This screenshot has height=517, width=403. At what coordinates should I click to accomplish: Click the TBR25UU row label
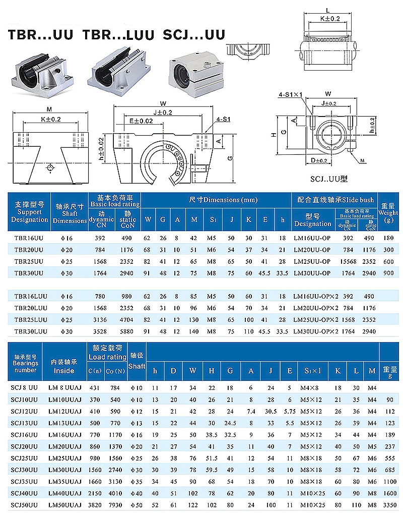[29, 261]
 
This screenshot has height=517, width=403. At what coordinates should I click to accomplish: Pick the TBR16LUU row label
[31, 297]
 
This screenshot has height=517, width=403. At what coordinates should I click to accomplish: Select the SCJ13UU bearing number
[26, 422]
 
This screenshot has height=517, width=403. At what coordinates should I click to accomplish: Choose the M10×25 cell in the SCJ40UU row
[313, 493]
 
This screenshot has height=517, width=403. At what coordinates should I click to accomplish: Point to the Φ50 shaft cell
[136, 505]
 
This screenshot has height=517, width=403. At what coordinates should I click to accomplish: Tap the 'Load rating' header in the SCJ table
[107, 357]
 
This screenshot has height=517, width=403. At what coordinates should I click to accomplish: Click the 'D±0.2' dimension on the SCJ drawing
[318, 160]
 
